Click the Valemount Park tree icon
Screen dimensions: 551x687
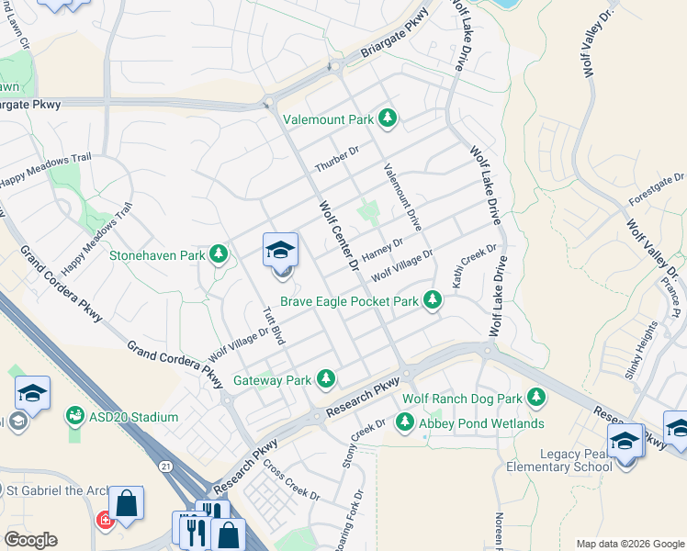tap(388, 118)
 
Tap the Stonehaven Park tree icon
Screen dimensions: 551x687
tap(219, 253)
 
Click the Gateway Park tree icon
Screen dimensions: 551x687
tap(325, 378)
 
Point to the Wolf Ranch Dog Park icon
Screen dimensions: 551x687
tap(536, 399)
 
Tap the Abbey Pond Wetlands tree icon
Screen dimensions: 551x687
tap(404, 422)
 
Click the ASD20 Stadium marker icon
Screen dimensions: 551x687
tap(73, 417)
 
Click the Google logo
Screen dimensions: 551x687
tap(30, 540)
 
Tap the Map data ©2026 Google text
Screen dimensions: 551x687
tap(630, 544)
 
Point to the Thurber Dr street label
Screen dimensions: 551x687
tap(337, 159)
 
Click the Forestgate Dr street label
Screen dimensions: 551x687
tap(657, 188)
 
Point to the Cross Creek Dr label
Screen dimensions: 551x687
tap(290, 478)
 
